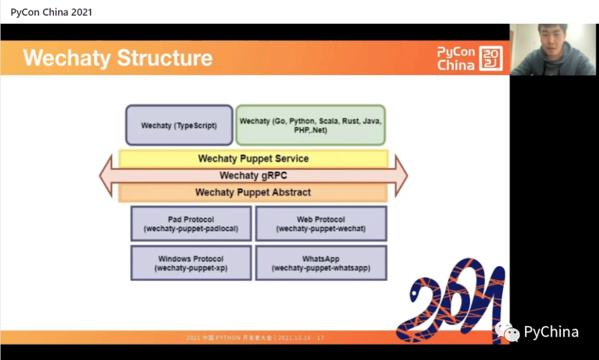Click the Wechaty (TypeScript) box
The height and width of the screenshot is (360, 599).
[179, 125]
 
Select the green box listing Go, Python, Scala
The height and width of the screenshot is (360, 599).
[311, 125]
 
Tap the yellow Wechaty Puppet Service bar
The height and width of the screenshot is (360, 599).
[253, 159]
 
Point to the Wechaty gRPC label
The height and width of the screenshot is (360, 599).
[253, 176]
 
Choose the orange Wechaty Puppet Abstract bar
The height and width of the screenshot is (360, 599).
[253, 192]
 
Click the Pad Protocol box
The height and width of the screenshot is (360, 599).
[191, 224]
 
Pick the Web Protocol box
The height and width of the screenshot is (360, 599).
[321, 224]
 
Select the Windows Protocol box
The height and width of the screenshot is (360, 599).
[191, 263]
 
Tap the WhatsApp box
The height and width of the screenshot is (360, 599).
[321, 263]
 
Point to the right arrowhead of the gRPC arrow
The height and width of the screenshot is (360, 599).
[401, 176]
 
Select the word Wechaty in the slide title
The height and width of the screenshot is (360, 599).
[67, 58]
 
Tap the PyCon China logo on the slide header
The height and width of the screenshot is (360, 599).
[469, 58]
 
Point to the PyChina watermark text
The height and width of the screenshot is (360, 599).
[551, 332]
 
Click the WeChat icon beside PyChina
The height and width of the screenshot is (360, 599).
[507, 331]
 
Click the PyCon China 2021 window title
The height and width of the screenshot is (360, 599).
[51, 12]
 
